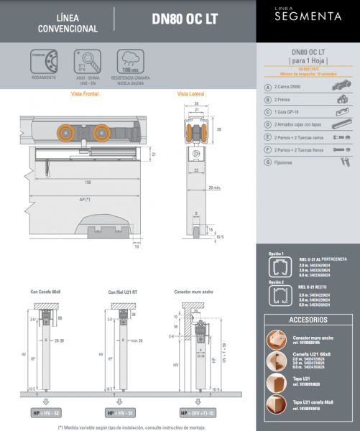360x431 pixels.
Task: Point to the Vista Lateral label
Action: [192, 94]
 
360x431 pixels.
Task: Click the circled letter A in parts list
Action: [267, 86]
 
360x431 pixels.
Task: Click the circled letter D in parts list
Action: [267, 124]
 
